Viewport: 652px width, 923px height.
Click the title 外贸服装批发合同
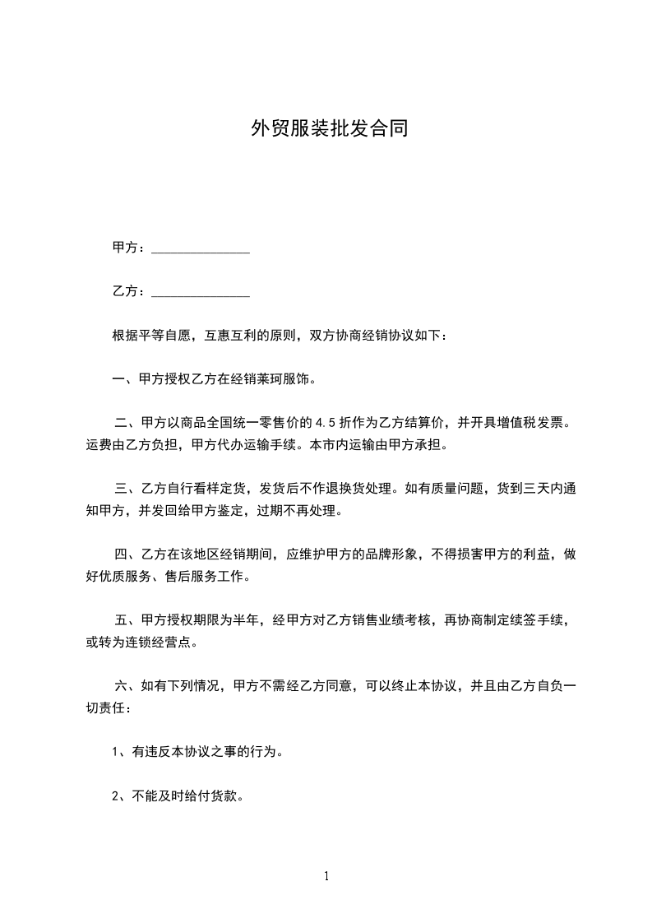[x=329, y=129]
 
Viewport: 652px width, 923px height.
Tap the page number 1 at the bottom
[x=326, y=876]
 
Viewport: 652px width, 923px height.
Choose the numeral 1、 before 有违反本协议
[x=119, y=752]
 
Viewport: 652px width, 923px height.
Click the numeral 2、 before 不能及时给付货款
[x=119, y=795]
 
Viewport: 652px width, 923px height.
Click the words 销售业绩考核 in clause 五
[x=392, y=621]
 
